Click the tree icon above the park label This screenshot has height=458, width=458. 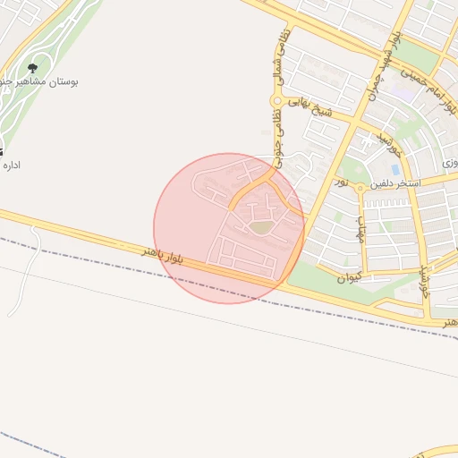click(x=33, y=68)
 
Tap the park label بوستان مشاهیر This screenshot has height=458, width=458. click(x=39, y=82)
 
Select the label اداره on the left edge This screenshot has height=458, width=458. click(x=13, y=165)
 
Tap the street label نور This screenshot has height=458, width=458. click(x=341, y=181)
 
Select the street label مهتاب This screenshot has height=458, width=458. click(x=360, y=230)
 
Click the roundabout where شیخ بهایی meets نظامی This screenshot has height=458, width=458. click(x=278, y=101)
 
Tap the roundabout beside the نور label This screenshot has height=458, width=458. click(x=359, y=188)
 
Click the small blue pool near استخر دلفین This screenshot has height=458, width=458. click(x=394, y=168)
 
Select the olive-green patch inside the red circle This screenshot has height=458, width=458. click(x=259, y=228)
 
